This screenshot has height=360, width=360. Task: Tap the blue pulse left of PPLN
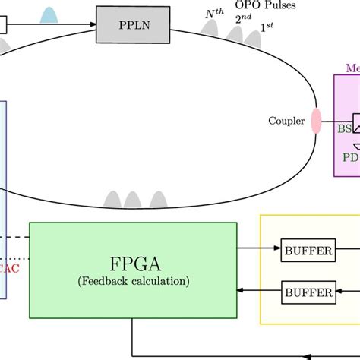click(50, 16)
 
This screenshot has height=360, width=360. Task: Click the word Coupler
click(286, 121)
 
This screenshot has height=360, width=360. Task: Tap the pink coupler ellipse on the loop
click(316, 121)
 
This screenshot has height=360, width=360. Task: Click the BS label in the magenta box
click(345, 129)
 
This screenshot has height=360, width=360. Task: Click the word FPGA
click(133, 267)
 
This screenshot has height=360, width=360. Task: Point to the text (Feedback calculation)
click(133, 282)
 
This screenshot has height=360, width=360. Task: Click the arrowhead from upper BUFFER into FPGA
click(242, 248)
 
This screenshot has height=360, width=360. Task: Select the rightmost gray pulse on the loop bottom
click(157, 200)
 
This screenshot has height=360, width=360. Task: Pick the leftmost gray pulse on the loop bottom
click(112, 200)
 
